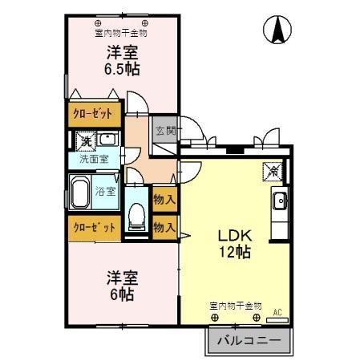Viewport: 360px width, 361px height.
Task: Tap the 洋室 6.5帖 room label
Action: [122, 61]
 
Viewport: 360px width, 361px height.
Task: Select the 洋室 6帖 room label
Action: [122, 285]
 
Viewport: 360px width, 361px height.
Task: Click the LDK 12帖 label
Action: [236, 244]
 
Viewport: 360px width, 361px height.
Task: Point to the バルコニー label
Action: [249, 341]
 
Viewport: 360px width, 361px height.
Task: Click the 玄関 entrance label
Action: [164, 130]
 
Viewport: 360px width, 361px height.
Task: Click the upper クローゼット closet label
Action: [95, 114]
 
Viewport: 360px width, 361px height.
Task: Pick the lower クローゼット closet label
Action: [95, 227]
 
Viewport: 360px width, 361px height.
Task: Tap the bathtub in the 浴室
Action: [81, 193]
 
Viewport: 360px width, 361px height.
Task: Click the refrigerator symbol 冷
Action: [273, 170]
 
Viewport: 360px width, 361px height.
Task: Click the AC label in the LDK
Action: [278, 311]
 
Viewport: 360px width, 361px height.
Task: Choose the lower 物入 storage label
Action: [164, 227]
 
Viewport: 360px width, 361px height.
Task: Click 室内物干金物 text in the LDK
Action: [235, 306]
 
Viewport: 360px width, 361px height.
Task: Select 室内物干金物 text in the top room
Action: [120, 34]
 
